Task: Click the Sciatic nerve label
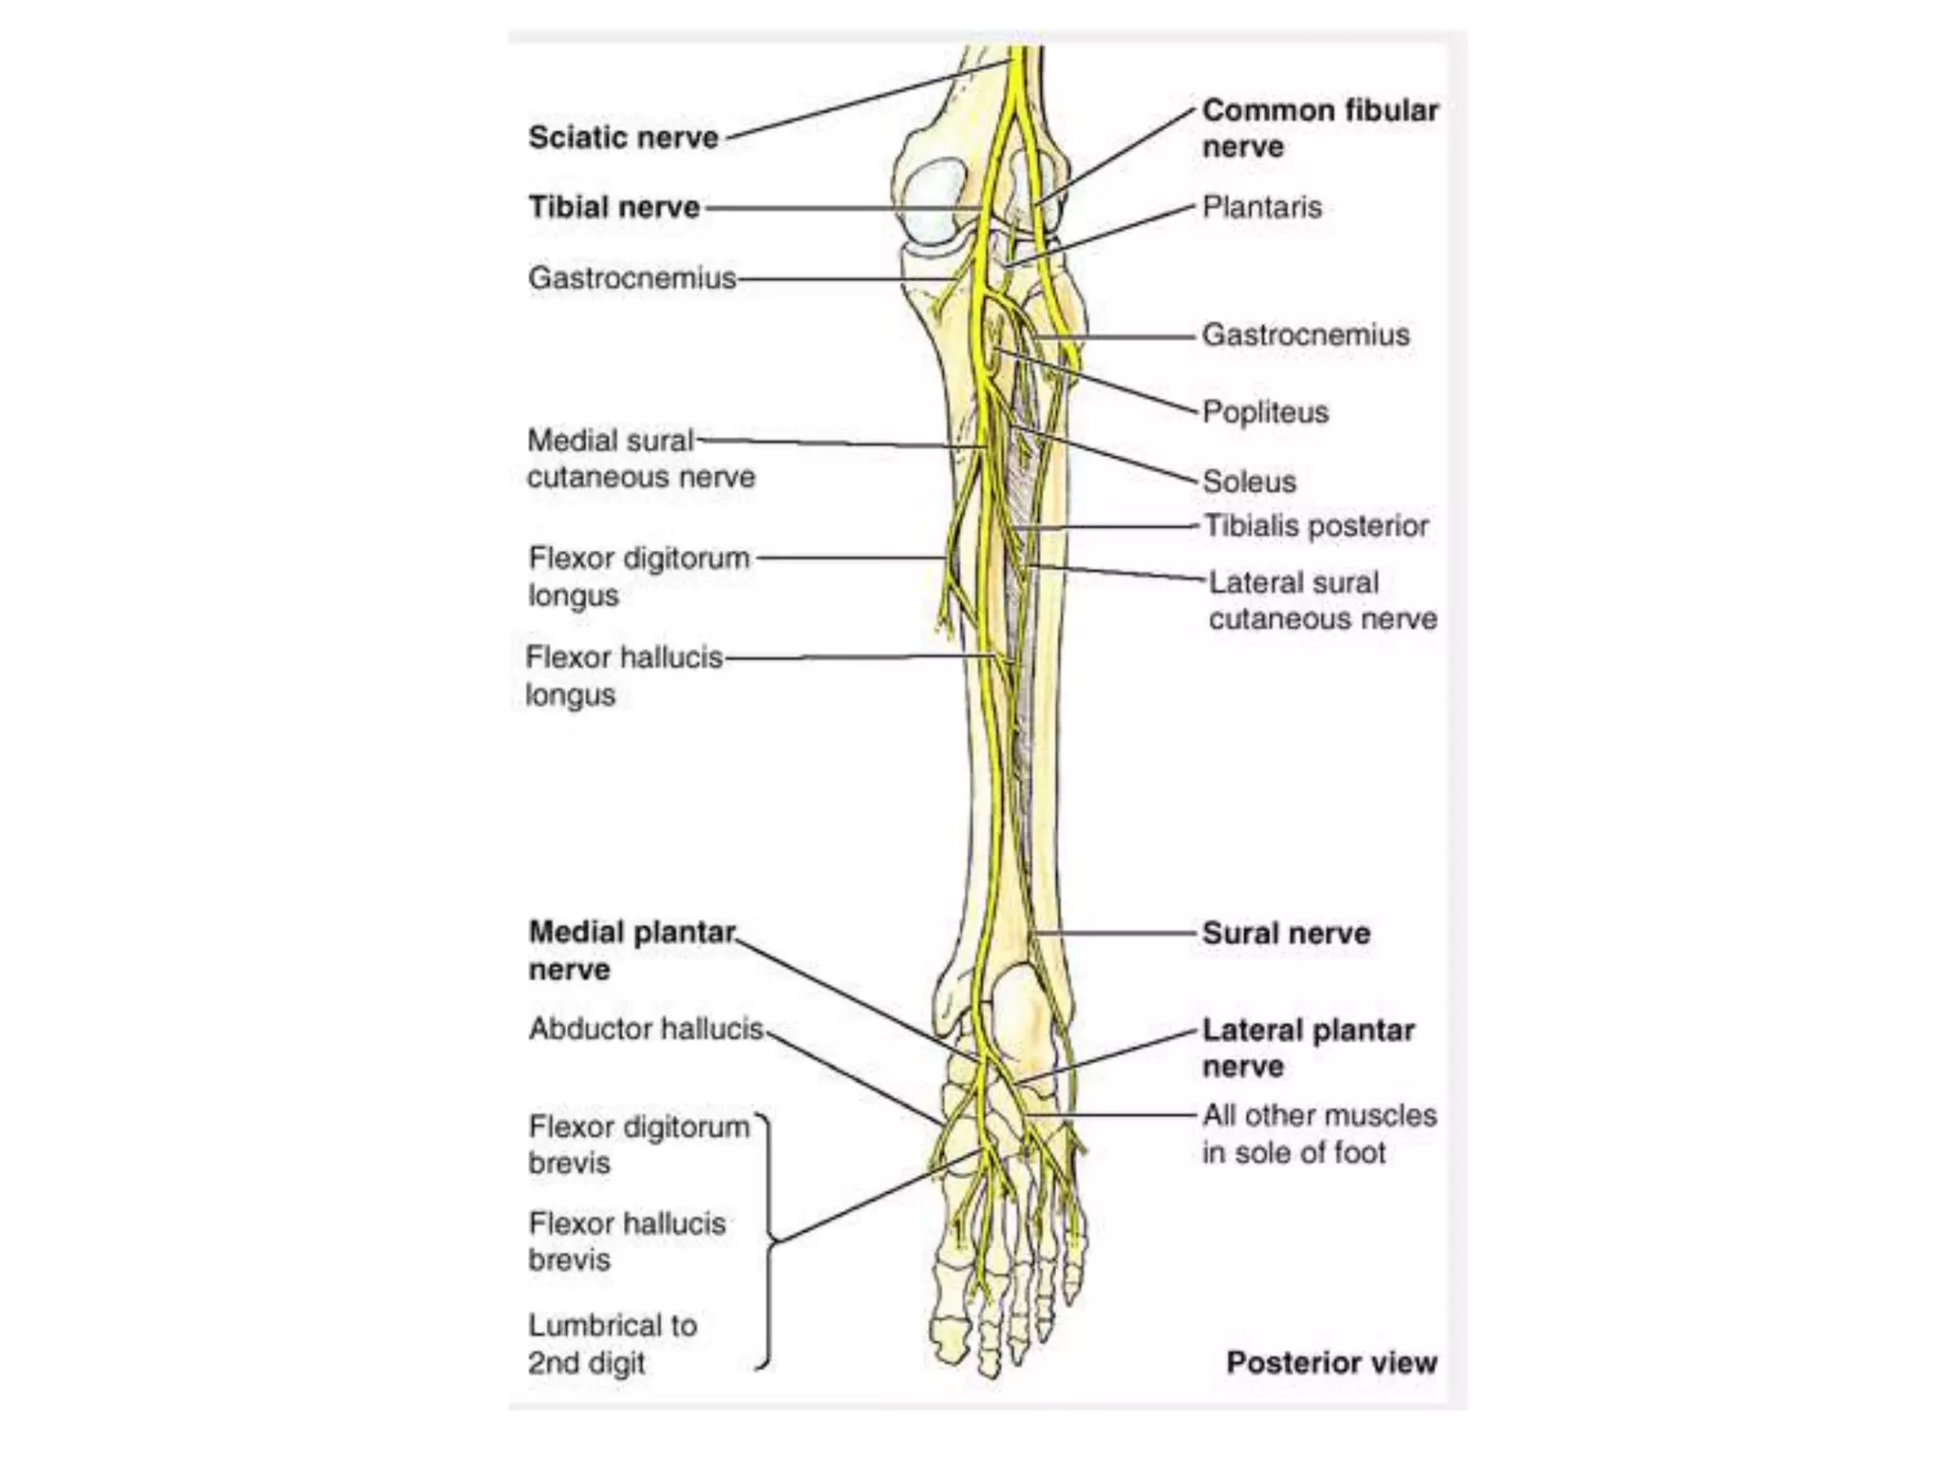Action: [x=623, y=138]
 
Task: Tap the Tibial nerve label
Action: [x=614, y=207]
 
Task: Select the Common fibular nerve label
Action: [x=1319, y=128]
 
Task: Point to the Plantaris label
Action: [x=1261, y=207]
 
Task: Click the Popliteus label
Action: [x=1265, y=412]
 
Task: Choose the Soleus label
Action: [x=1249, y=482]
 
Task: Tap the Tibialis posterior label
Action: [x=1315, y=526]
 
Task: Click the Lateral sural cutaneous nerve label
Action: [x=1321, y=600]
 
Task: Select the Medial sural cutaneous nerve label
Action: [x=640, y=459]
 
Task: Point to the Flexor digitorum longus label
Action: [x=638, y=577]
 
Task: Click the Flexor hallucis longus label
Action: [x=624, y=675]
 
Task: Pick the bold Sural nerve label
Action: [x=1286, y=934]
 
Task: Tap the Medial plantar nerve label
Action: [x=632, y=951]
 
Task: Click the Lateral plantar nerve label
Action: [x=1308, y=1048]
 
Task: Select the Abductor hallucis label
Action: [x=646, y=1029]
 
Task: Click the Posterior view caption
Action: [x=1331, y=1363]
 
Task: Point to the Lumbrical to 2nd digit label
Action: [x=613, y=1344]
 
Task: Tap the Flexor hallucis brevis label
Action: [x=627, y=1241]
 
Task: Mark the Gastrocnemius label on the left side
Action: [x=632, y=278]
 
